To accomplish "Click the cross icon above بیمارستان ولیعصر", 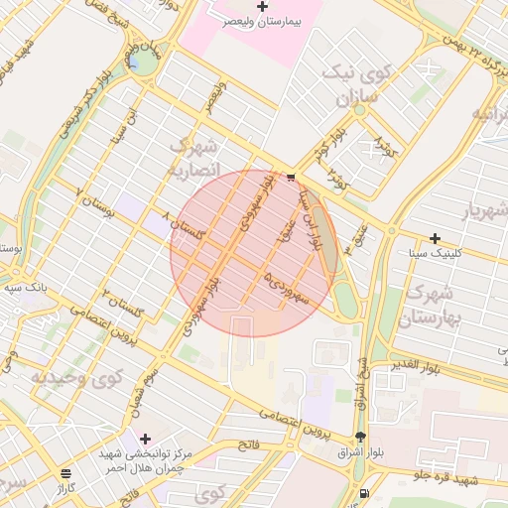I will [262, 6].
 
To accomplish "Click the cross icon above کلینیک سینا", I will [435, 238].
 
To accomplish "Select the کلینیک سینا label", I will [433, 254].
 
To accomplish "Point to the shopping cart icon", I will [291, 178].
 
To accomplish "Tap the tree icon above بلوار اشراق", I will [360, 438].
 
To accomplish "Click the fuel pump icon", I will [365, 493].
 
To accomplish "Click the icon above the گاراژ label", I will [65, 473].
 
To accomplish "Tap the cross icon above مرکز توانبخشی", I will [146, 438].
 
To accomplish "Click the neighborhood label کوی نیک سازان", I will [354, 87].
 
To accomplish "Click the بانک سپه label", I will [28, 287].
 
